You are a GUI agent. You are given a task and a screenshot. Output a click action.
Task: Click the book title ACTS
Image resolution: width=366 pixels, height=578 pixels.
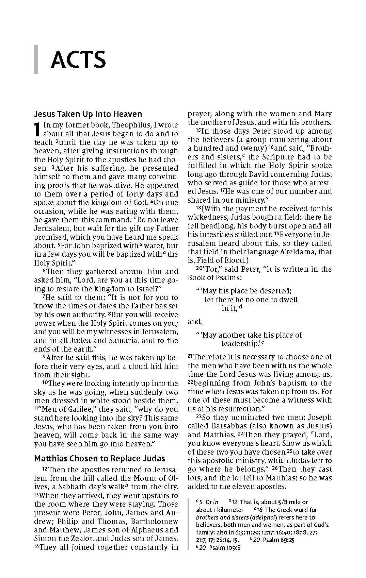click(x=78, y=60)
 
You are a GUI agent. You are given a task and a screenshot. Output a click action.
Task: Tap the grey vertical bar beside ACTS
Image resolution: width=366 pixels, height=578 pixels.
click(x=36, y=60)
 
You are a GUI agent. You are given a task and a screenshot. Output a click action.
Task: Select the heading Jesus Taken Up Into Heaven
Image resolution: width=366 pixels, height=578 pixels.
click(x=88, y=114)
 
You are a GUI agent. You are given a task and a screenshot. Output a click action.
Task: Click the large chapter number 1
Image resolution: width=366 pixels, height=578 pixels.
click(x=38, y=130)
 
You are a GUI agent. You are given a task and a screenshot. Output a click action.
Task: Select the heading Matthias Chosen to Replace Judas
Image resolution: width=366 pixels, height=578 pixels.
click(x=99, y=458)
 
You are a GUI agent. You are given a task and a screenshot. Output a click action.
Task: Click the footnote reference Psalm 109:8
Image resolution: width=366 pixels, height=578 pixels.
click(x=225, y=548)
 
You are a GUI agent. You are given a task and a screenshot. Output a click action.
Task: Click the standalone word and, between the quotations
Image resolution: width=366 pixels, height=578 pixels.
click(x=195, y=322)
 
